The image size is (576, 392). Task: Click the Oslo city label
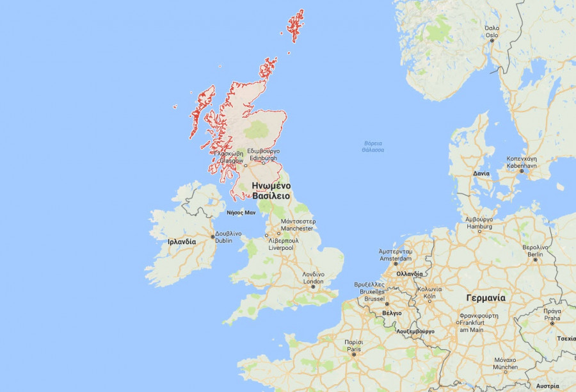tap(492, 31)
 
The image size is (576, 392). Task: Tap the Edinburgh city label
tap(264, 155)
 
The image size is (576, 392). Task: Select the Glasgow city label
tap(230, 158)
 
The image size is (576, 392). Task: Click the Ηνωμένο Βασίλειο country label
tap(271, 190)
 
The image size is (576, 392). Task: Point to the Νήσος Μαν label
tap(241, 212)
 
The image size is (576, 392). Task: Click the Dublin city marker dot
tap(213, 237)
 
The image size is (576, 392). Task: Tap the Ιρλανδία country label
tap(182, 242)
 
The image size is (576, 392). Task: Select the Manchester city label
tap(297, 225)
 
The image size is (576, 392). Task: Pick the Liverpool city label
tap(280, 244)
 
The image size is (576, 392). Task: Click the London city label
tap(313, 278)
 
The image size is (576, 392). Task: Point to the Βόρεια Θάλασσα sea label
tap(372, 146)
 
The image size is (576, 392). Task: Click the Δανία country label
tap(481, 174)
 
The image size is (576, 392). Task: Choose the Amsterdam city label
tap(396, 255)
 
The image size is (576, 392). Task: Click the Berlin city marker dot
tap(535, 259)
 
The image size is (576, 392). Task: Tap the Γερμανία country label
tap(486, 298)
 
